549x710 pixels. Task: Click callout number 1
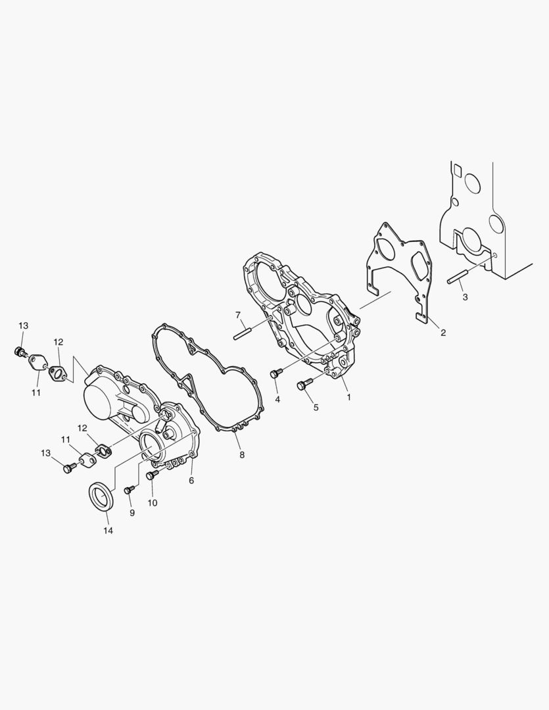pyautogui.click(x=348, y=397)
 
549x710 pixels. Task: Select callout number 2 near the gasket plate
pyautogui.click(x=443, y=333)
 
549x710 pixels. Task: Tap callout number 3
pyautogui.click(x=465, y=298)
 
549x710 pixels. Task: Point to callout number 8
pyautogui.click(x=242, y=455)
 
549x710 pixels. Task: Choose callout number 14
pyautogui.click(x=108, y=531)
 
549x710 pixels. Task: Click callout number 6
pyautogui.click(x=191, y=481)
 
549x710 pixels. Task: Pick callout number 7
pyautogui.click(x=237, y=315)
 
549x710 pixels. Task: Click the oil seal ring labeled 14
pyautogui.click(x=101, y=497)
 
